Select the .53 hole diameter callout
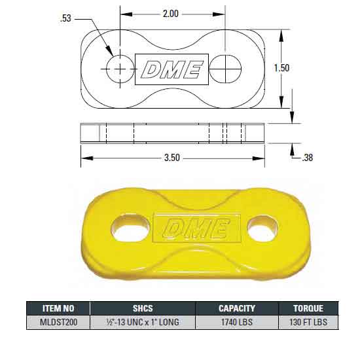pos(65,19)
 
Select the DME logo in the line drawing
pos(171,69)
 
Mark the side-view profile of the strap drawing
pos(173,133)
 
